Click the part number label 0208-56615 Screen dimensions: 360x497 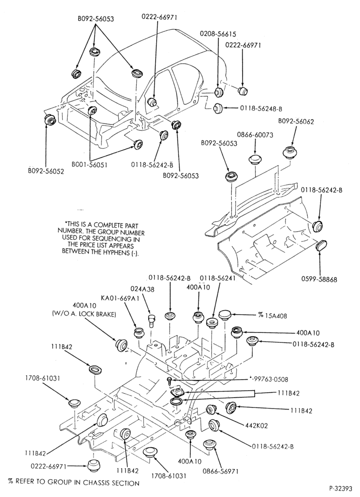[x=218, y=34]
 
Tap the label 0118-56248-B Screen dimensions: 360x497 [x=261, y=108]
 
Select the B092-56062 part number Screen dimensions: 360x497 [x=296, y=121]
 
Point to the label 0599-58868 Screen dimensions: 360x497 [x=319, y=279]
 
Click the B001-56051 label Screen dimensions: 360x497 [x=90, y=165]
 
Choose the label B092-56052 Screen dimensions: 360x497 [x=46, y=171]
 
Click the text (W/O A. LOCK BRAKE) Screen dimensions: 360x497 [x=84, y=315]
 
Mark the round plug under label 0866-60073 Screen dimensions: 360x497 [x=255, y=159]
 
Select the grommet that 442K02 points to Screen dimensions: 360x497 [x=211, y=409]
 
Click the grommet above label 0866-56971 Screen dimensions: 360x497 [x=208, y=444]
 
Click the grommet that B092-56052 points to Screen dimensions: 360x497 [x=50, y=121]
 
